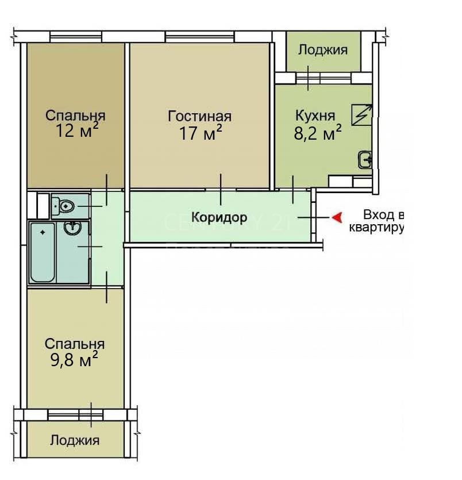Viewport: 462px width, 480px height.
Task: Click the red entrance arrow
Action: pyautogui.click(x=337, y=218)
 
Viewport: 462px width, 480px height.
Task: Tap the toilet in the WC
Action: pyautogui.click(x=63, y=206)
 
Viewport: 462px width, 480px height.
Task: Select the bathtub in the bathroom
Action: pyautogui.click(x=43, y=252)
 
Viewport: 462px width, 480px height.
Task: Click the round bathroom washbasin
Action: pyautogui.click(x=72, y=228)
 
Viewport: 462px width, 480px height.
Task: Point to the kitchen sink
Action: pyautogui.click(x=365, y=159)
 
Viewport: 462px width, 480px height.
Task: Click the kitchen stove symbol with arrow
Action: pyautogui.click(x=362, y=115)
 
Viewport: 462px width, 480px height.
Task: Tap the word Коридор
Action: pyautogui.click(x=219, y=217)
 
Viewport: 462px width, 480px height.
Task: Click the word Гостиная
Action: pyautogui.click(x=199, y=116)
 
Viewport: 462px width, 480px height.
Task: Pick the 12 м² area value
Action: pyautogui.click(x=77, y=130)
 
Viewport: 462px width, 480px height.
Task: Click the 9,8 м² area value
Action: pyautogui.click(x=74, y=359)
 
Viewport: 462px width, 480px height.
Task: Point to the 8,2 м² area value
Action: pyautogui.click(x=318, y=132)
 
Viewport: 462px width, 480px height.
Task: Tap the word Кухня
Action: pyautogui.click(x=315, y=116)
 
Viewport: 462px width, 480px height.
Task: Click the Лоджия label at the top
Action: pyautogui.click(x=323, y=49)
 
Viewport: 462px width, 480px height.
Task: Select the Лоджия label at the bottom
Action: pyautogui.click(x=75, y=440)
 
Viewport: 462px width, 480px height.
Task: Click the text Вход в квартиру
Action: pyautogui.click(x=376, y=221)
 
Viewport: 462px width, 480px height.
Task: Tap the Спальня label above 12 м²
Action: pyautogui.click(x=75, y=116)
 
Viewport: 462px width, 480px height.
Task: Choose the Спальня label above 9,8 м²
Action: pyautogui.click(x=75, y=344)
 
